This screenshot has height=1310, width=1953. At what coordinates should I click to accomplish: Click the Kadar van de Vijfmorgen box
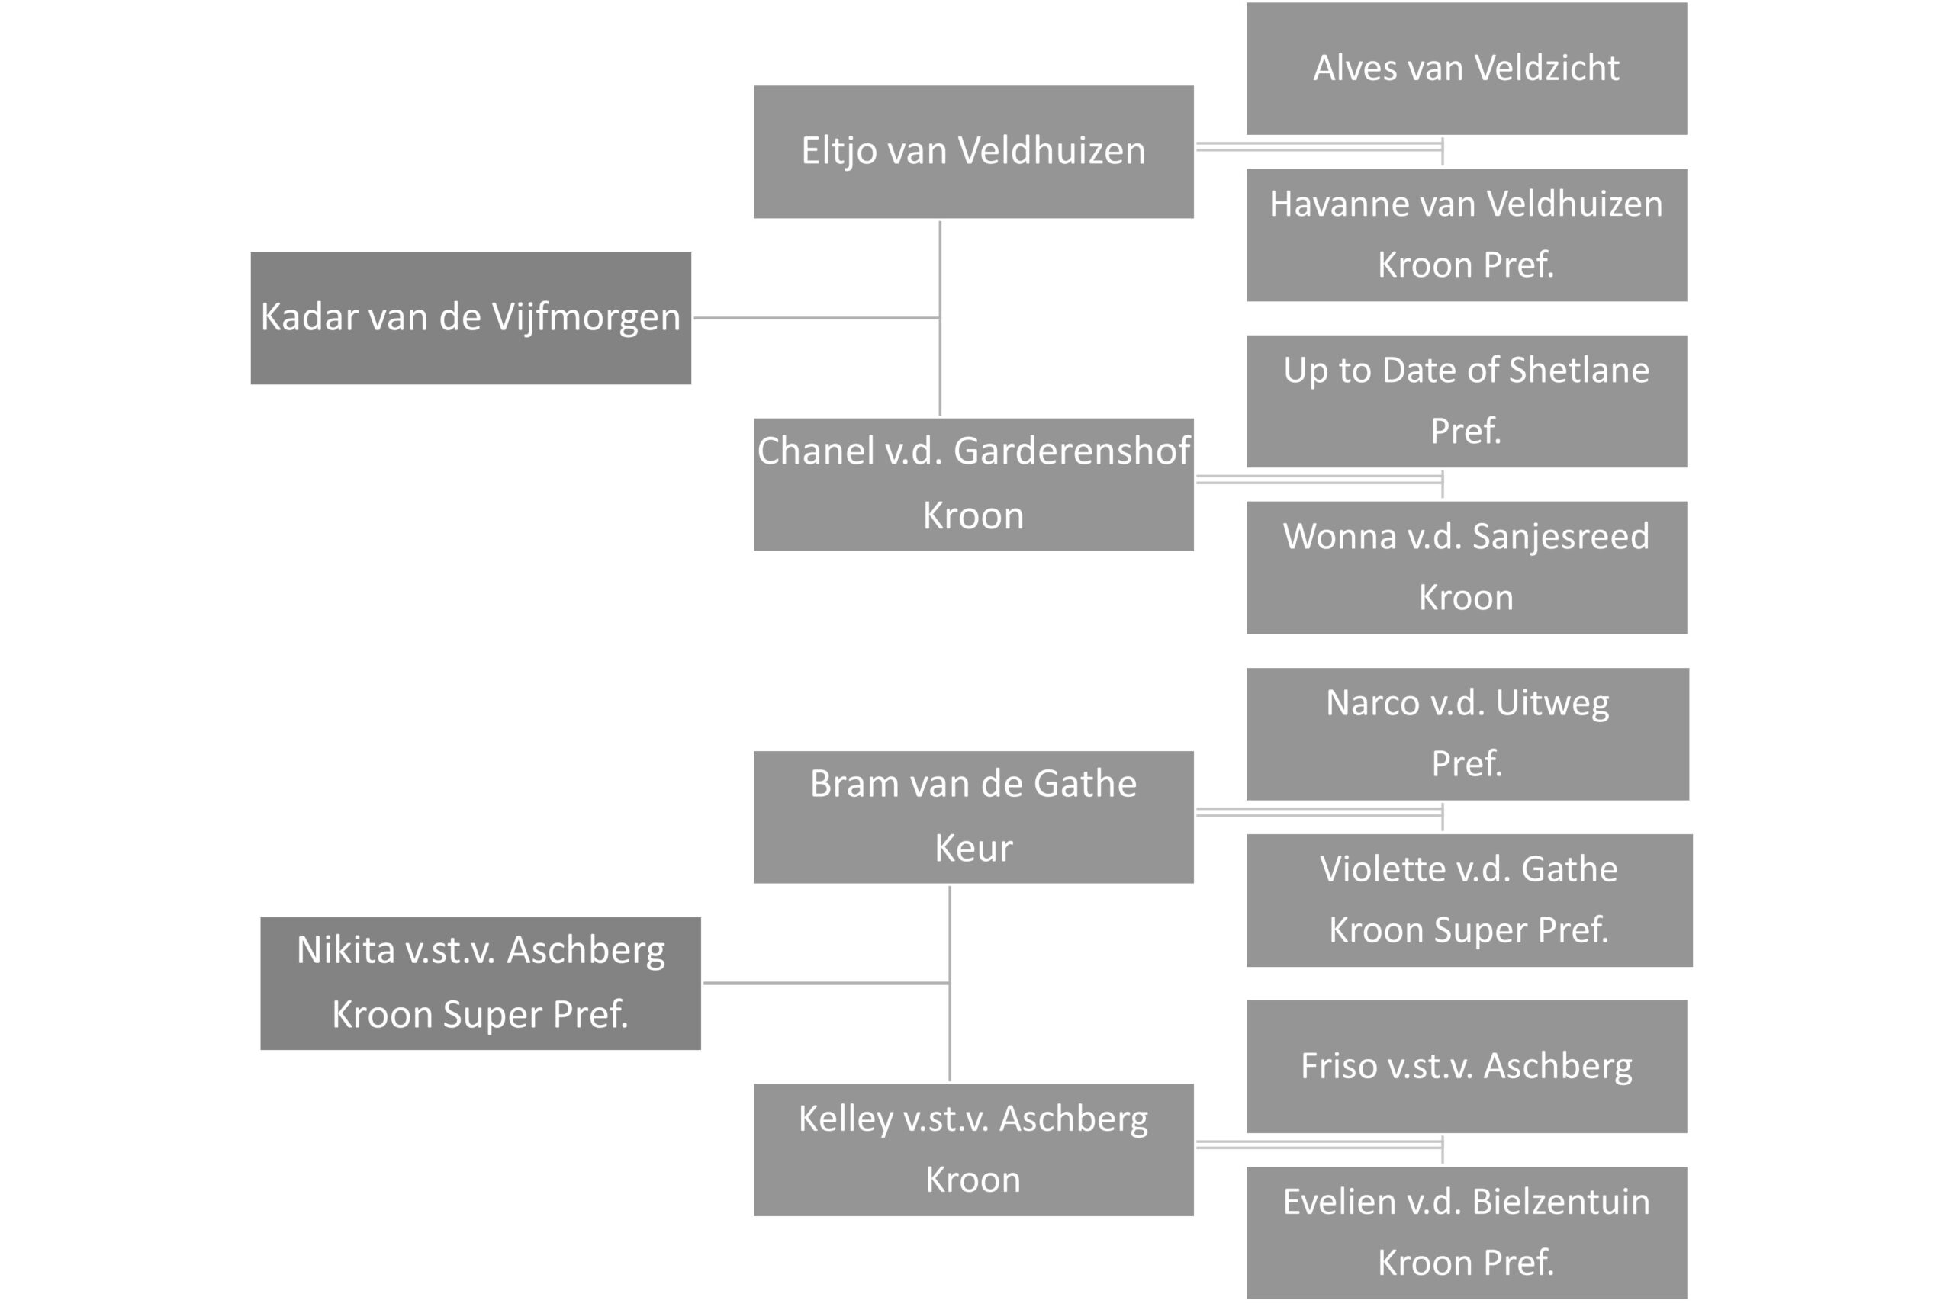(x=471, y=318)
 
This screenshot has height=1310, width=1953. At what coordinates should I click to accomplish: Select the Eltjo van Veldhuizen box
(x=973, y=152)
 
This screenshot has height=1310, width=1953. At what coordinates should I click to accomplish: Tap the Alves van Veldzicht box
(x=1466, y=69)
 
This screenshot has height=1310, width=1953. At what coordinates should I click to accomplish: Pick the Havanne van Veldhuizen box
(x=1466, y=235)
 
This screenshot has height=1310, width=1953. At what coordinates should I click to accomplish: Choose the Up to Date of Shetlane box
(x=1466, y=401)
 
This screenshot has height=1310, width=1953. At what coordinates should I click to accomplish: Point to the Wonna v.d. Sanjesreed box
(x=1466, y=567)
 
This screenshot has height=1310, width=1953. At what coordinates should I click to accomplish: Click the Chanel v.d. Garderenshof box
(x=973, y=484)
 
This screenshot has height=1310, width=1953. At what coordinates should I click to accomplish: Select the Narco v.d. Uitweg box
(x=1466, y=734)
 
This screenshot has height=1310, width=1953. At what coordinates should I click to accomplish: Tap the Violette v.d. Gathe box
(x=1469, y=900)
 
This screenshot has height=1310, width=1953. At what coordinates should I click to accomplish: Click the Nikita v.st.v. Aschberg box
(x=481, y=984)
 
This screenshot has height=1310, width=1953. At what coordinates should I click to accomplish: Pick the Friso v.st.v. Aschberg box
(x=1466, y=1066)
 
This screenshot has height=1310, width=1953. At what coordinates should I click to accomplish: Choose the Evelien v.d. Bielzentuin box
(x=1466, y=1232)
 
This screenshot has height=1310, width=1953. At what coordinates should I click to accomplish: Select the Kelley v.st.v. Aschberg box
(x=973, y=1150)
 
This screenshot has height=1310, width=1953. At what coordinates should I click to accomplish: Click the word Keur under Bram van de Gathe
(x=973, y=849)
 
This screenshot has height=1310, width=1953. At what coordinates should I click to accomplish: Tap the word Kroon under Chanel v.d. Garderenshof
(x=973, y=516)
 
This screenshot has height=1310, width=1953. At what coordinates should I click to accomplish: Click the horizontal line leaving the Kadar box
(x=816, y=317)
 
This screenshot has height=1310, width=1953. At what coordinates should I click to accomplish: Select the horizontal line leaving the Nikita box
(x=825, y=984)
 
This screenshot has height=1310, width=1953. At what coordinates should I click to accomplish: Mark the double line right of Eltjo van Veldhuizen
(x=1319, y=147)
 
